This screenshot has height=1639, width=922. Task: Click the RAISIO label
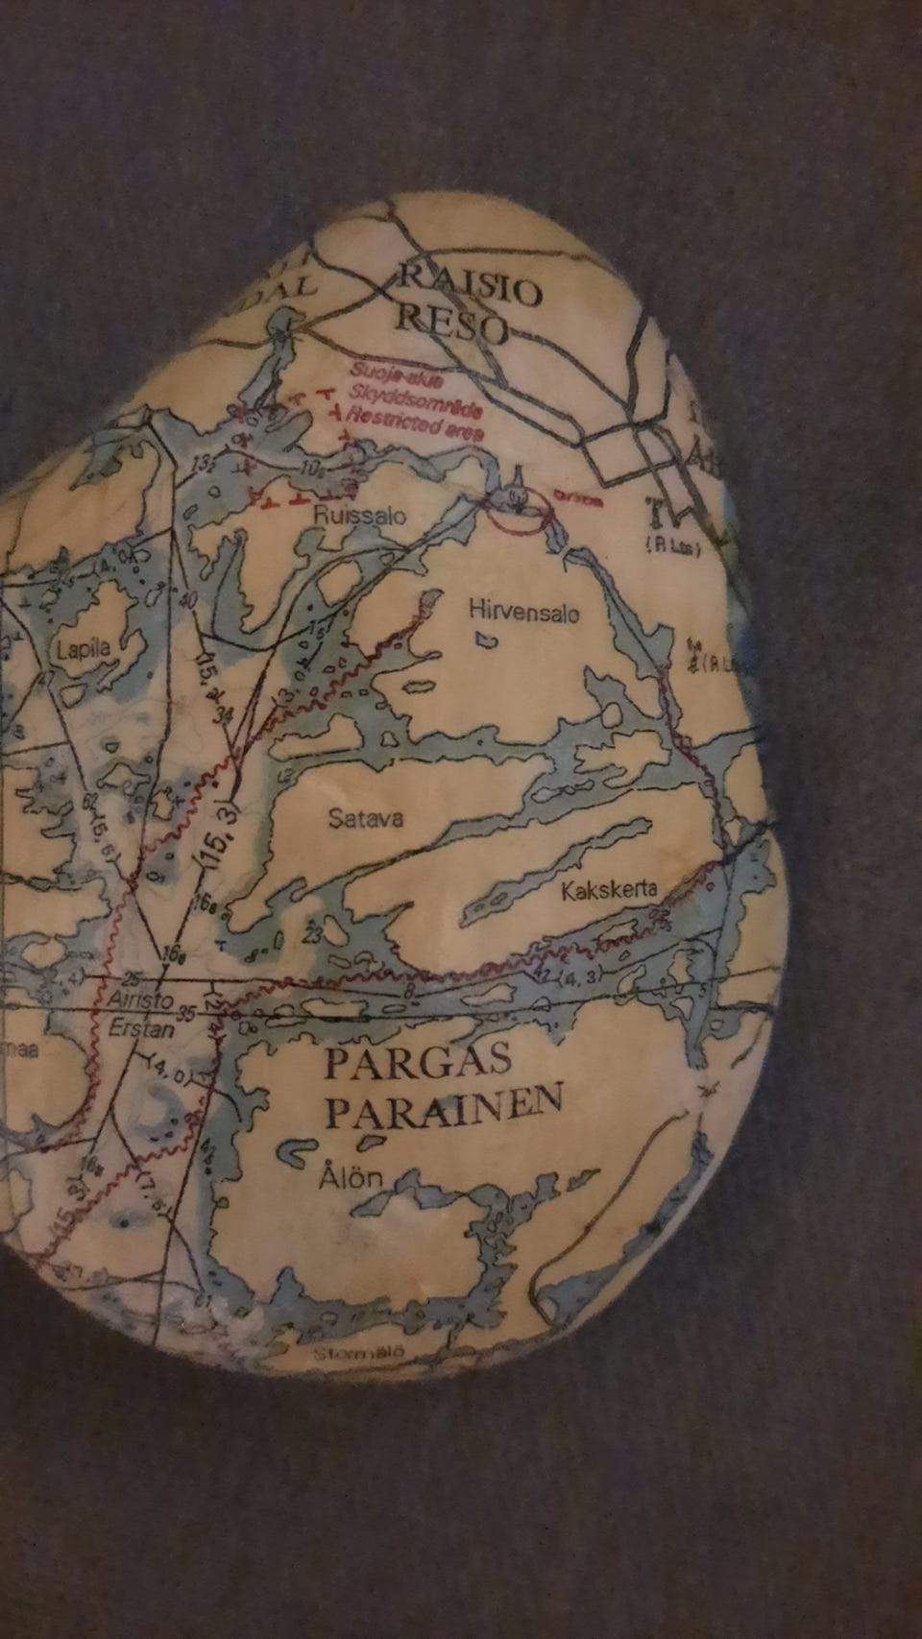(x=471, y=286)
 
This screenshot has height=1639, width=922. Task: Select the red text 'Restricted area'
(x=415, y=423)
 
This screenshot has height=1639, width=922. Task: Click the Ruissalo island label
(x=360, y=516)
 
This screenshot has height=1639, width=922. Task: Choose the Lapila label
(x=84, y=648)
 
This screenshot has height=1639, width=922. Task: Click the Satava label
(x=365, y=819)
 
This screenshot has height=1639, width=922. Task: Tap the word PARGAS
(x=418, y=1063)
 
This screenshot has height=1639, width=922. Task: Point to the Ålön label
(x=351, y=1178)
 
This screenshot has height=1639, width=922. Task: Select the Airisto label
(x=141, y=999)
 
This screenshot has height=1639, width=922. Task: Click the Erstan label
(x=142, y=1028)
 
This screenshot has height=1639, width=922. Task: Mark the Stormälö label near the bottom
(x=358, y=1354)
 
